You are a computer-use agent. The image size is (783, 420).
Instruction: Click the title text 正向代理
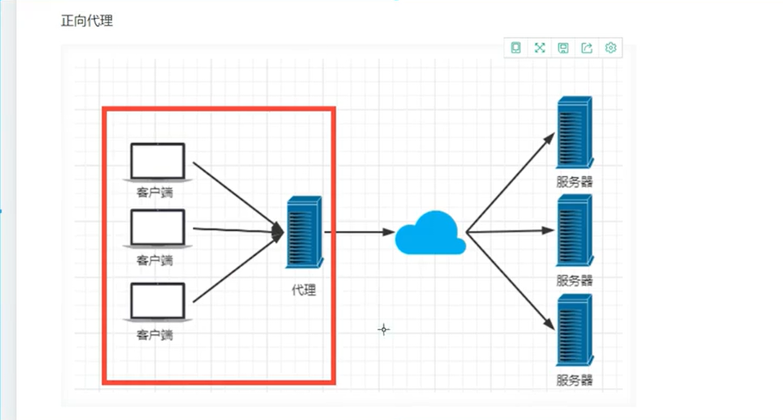tap(87, 21)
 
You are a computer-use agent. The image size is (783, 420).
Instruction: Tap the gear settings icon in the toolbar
tap(611, 48)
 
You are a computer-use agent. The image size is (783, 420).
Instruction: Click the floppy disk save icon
tap(563, 48)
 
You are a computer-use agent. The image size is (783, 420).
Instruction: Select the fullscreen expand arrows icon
tap(540, 48)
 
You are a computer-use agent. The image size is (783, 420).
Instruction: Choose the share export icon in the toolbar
tap(587, 48)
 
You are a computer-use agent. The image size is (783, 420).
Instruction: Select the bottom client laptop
tap(157, 302)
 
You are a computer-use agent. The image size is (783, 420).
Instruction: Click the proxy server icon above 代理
tap(304, 233)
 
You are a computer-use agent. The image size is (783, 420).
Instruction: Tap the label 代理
tap(304, 289)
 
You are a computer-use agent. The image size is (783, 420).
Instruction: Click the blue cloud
tap(430, 233)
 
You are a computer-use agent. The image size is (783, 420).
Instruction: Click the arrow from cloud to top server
tap(510, 180)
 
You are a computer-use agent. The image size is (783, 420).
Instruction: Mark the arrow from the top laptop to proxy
tap(236, 195)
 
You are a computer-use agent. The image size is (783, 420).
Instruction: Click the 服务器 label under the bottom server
tap(575, 380)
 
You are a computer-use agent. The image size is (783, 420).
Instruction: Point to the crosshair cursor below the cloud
tap(383, 329)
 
